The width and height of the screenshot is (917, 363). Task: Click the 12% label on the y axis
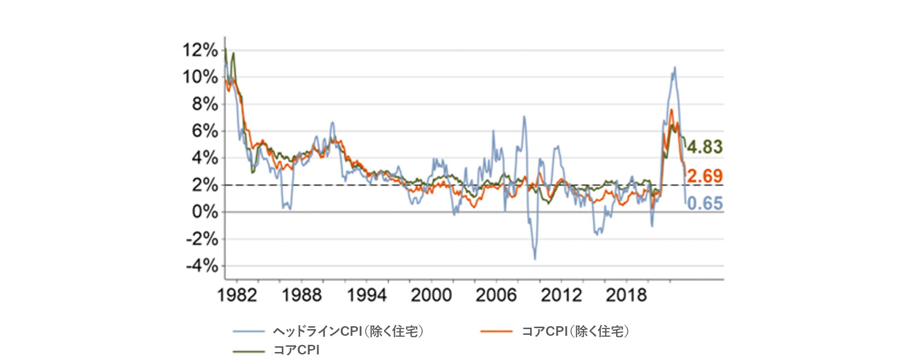coord(200,50)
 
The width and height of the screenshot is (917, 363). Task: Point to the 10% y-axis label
coord(200,77)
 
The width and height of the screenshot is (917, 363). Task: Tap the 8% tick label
coord(205,104)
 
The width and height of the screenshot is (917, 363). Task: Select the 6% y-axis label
coord(205,131)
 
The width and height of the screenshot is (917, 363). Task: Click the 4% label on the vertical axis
coord(205,158)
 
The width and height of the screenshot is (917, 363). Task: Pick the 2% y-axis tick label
coord(205,185)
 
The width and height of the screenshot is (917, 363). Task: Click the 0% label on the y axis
coord(205,212)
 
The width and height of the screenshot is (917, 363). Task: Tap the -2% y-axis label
coord(202,239)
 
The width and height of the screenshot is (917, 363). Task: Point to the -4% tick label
coord(202,266)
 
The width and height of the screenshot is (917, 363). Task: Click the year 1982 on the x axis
coord(237,295)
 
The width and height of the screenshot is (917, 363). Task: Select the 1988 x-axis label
coord(302,295)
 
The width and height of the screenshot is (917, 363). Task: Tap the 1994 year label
coord(366,295)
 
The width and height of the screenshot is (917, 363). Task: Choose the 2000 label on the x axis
coord(431,295)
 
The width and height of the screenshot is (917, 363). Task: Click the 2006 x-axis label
coord(496,295)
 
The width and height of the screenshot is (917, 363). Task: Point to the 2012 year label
coord(561,295)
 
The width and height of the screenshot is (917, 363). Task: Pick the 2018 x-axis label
coord(626,295)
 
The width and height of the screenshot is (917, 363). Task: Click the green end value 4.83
coord(705,147)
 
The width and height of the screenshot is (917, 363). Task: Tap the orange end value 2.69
coord(705,176)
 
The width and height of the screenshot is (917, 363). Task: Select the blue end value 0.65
coord(705,204)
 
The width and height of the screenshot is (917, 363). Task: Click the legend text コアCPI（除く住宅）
coord(575,331)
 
